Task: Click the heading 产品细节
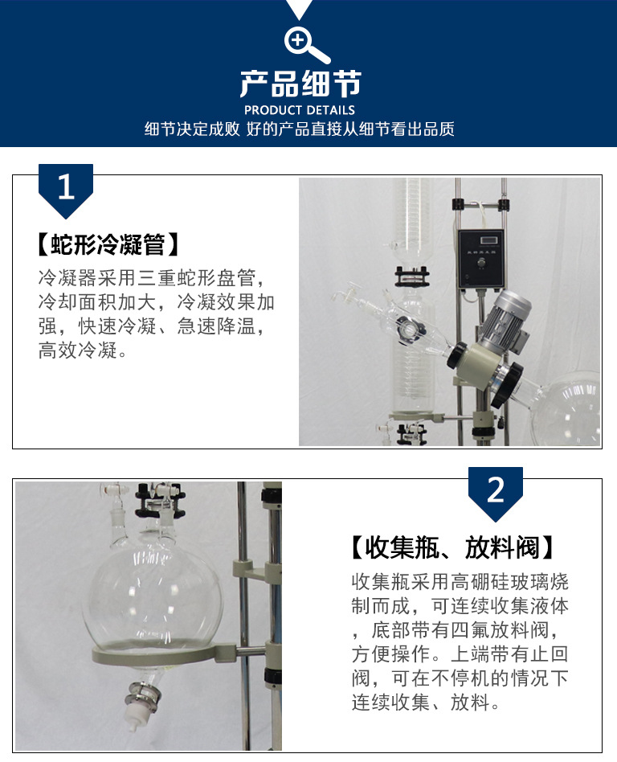300,84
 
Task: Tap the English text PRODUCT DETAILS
300,110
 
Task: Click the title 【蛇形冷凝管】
108,244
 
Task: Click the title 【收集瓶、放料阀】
452,547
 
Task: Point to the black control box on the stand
480,259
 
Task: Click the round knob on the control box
481,263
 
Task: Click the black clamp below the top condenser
411,276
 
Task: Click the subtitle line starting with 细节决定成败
300,129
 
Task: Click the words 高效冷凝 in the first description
78,350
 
